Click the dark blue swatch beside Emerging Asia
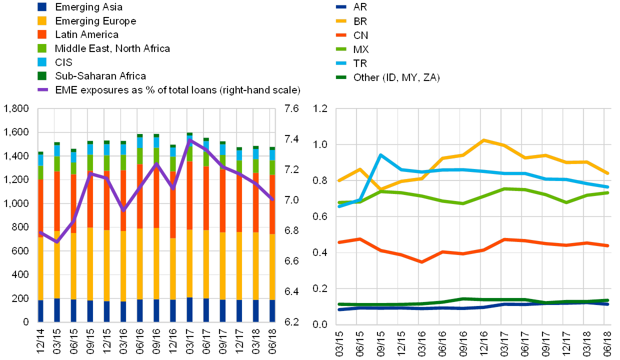pos(42,7)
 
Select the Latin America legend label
pos(87,34)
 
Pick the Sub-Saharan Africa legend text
pos(100,76)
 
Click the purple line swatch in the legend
pos(42,90)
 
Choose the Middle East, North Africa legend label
pos(112,48)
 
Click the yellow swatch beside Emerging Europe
pos(42,21)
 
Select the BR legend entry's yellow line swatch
pos(341,21)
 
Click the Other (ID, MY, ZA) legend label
pos(396,77)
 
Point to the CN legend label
pos(360,35)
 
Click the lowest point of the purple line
pos(57,242)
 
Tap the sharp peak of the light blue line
pos(381,155)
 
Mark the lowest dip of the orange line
pos(421,262)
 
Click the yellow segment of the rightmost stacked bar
pos(272,267)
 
